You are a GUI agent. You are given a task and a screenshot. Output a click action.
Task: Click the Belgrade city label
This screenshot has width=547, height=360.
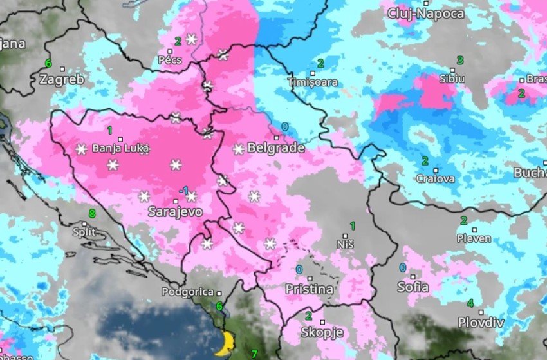[275, 147]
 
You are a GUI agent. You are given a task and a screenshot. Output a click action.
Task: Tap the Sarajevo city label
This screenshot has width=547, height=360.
[175, 211]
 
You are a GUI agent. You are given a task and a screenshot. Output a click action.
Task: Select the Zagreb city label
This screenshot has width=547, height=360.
[61, 80]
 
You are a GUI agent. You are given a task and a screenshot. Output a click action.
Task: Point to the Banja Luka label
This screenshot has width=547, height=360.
[120, 148]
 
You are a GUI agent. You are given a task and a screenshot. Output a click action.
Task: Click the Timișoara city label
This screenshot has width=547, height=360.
[312, 82]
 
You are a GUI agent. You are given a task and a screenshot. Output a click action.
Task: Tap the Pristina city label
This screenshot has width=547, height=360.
[309, 289]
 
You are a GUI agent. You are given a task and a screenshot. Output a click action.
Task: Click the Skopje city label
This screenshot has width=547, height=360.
[322, 332]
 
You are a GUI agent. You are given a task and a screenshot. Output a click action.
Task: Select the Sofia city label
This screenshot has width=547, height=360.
[413, 287]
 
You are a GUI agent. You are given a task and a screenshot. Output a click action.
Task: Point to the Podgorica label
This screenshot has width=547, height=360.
[187, 291]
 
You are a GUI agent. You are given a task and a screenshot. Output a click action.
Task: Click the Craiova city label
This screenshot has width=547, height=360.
[435, 178]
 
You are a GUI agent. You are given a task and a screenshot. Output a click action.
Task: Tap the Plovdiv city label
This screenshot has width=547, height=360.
[481, 322]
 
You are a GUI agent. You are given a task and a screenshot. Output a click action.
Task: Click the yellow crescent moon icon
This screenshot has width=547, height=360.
[225, 343]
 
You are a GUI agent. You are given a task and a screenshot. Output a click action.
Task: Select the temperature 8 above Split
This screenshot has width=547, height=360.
[92, 213]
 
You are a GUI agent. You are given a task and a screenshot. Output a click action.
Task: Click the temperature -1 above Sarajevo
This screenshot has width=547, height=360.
[183, 191]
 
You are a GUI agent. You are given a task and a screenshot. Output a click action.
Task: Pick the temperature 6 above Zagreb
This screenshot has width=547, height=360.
[48, 63]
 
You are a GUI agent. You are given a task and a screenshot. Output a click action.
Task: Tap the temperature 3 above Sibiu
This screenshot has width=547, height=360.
[459, 61]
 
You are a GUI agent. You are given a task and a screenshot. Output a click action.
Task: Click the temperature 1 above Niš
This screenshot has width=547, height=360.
[352, 225]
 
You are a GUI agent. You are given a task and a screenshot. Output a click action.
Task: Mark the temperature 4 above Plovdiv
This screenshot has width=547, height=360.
[470, 304]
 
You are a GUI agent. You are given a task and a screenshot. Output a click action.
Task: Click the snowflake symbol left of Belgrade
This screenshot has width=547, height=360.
[239, 149]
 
